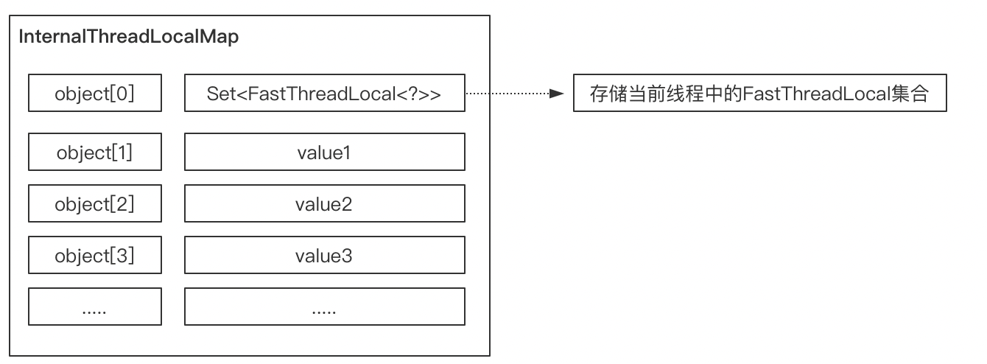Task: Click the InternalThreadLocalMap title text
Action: pyautogui.click(x=128, y=38)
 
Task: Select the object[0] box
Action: pyautogui.click(x=94, y=93)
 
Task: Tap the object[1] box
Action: pyautogui.click(x=94, y=152)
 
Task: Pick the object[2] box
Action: pyautogui.click(x=94, y=203)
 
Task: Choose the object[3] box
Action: pyautogui.click(x=94, y=255)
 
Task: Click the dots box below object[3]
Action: pyautogui.click(x=94, y=307)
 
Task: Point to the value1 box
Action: pyautogui.click(x=324, y=152)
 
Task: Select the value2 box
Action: pyautogui.click(x=324, y=203)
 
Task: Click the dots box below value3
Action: pyautogui.click(x=324, y=307)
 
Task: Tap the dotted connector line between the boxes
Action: pyautogui.click(x=508, y=94)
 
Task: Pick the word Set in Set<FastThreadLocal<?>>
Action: pyautogui.click(x=219, y=94)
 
